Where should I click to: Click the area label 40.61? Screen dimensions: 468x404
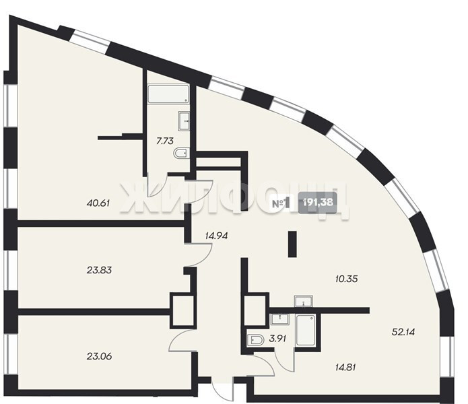(x=98, y=203)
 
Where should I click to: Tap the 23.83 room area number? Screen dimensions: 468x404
(x=99, y=270)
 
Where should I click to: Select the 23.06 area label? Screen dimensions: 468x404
(x=99, y=356)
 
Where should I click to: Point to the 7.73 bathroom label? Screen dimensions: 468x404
(x=165, y=141)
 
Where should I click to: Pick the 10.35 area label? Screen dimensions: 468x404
(x=346, y=279)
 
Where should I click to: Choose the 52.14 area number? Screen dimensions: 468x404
(x=403, y=332)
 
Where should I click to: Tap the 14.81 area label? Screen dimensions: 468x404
(x=345, y=367)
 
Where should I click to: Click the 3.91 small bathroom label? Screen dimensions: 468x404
(x=277, y=339)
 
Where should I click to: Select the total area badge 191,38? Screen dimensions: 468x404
(x=318, y=203)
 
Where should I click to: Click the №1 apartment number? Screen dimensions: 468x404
(x=281, y=203)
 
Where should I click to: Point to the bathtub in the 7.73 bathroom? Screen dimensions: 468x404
(x=168, y=94)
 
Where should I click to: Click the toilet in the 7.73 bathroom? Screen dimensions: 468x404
(x=181, y=153)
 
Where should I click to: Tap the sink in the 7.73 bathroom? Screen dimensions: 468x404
(x=184, y=121)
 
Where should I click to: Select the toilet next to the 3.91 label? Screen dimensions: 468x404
(x=256, y=340)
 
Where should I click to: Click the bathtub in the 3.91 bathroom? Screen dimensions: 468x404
(x=306, y=331)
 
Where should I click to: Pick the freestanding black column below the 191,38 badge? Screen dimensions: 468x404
(x=292, y=244)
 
